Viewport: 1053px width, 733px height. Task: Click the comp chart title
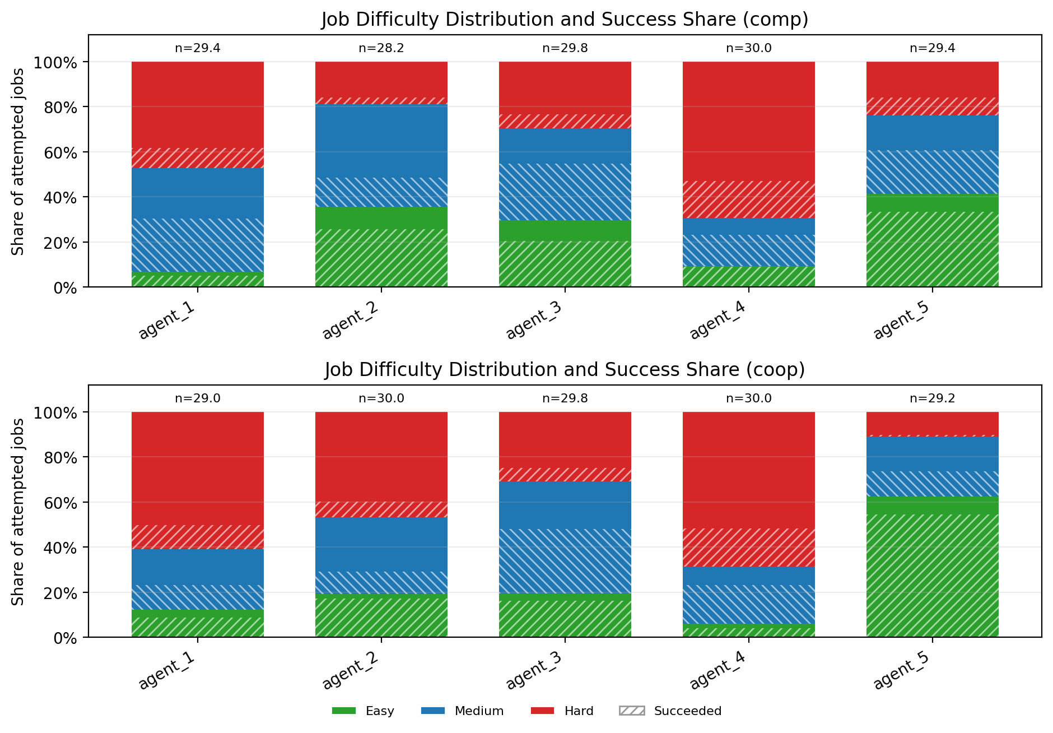(x=565, y=20)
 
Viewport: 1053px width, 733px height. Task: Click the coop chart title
(x=565, y=370)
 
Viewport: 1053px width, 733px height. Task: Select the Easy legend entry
(x=363, y=711)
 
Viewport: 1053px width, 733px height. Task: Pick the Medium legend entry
(x=462, y=711)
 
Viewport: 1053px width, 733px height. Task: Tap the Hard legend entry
(x=562, y=711)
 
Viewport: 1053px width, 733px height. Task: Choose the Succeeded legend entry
(x=670, y=711)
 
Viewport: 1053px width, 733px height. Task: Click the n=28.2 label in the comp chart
(x=381, y=48)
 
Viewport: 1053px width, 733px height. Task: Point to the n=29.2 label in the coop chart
(x=933, y=398)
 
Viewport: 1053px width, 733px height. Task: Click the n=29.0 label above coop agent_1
(x=198, y=398)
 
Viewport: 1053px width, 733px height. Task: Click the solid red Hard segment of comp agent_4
(x=749, y=121)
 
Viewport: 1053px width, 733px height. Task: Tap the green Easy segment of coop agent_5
(x=933, y=566)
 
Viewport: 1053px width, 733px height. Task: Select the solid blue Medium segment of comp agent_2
(x=381, y=141)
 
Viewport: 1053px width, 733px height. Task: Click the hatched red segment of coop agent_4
(x=749, y=548)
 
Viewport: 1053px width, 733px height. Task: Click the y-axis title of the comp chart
(x=18, y=161)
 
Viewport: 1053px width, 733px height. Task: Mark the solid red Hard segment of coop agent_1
(x=198, y=468)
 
